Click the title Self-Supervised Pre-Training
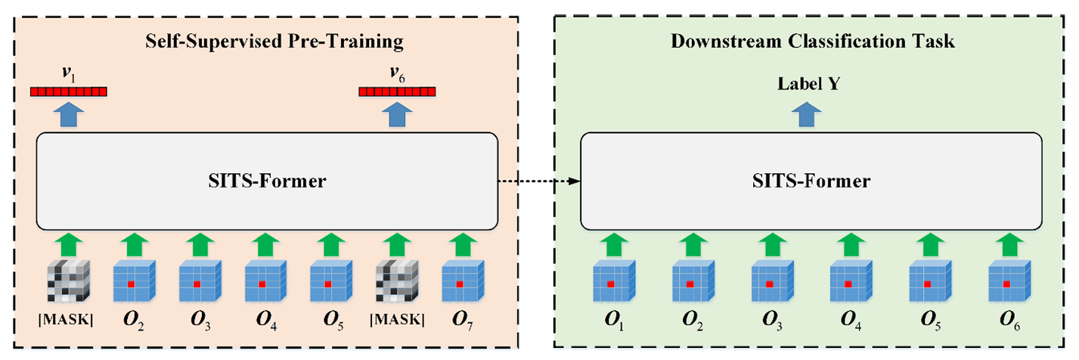[x=275, y=40]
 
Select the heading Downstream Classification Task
[x=813, y=41]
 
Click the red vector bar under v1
[x=69, y=92]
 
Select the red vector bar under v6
[x=397, y=92]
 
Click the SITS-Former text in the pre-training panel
[x=266, y=182]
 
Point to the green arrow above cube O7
[x=459, y=243]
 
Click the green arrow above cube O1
[x=610, y=243]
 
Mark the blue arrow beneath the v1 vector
[x=68, y=115]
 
